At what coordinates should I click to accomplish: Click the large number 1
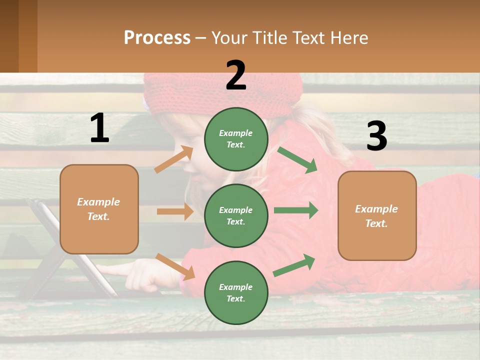pyautogui.click(x=99, y=128)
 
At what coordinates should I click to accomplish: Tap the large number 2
pyautogui.click(x=236, y=76)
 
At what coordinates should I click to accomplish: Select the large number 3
pyautogui.click(x=376, y=136)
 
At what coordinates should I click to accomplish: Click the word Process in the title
pyautogui.click(x=157, y=37)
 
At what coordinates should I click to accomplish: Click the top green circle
pyautogui.click(x=236, y=139)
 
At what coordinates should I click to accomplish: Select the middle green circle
pyautogui.click(x=236, y=215)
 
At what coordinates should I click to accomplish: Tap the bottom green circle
pyautogui.click(x=236, y=292)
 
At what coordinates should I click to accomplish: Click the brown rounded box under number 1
pyautogui.click(x=99, y=209)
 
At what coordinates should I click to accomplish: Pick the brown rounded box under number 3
pyautogui.click(x=377, y=215)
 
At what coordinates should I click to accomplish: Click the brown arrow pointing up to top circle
pyautogui.click(x=174, y=159)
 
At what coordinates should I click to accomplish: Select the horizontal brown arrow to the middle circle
pyautogui.click(x=175, y=211)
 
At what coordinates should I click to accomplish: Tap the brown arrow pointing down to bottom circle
pyautogui.click(x=175, y=266)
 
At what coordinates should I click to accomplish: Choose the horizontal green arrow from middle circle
pyautogui.click(x=295, y=210)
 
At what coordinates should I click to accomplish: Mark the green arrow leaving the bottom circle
pyautogui.click(x=294, y=265)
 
